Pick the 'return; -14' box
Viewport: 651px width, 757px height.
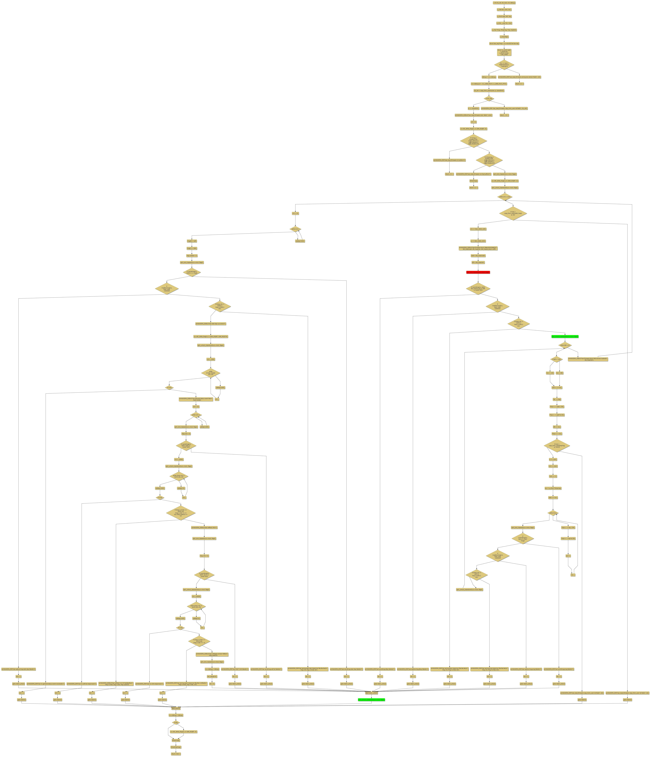click(x=504, y=115)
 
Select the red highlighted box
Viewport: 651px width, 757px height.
click(x=478, y=272)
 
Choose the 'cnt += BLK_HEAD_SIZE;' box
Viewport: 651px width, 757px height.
click(x=478, y=229)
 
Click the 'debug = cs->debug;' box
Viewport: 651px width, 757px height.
click(x=489, y=77)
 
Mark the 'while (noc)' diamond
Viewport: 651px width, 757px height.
click(x=553, y=513)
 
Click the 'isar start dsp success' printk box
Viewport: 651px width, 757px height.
click(x=211, y=324)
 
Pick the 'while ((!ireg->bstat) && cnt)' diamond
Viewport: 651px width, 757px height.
click(x=211, y=373)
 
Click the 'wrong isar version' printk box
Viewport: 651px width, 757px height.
click(x=519, y=77)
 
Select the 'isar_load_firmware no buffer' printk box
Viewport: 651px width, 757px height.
click(x=449, y=160)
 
